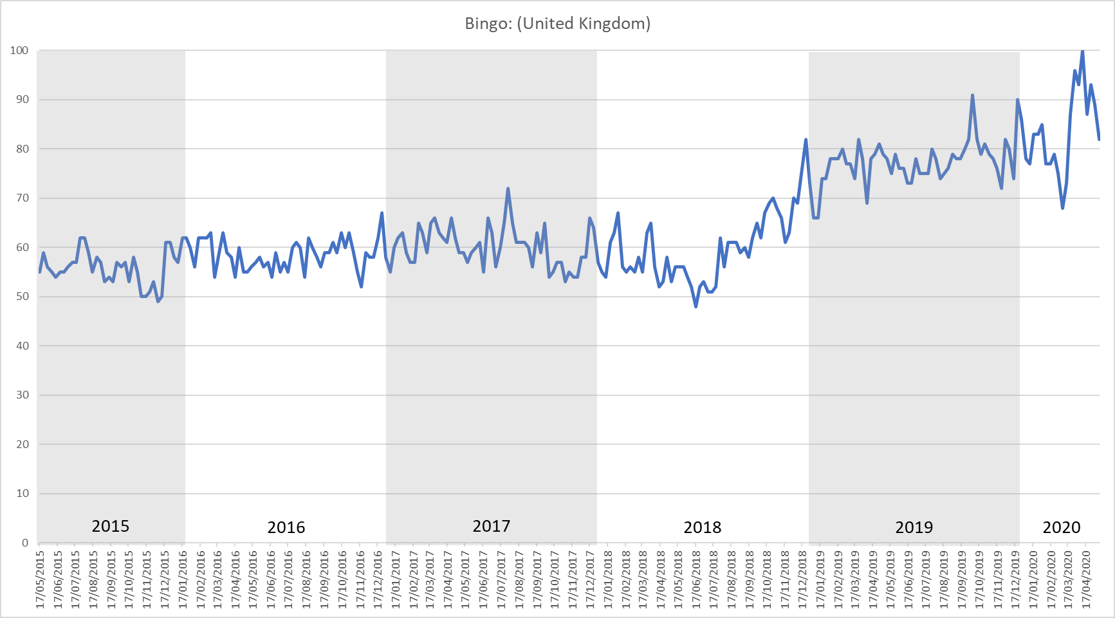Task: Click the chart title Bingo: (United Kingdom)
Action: [x=557, y=24]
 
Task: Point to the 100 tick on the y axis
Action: [x=19, y=50]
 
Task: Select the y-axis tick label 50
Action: [x=23, y=297]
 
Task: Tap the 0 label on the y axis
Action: [x=25, y=543]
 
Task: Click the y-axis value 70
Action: [x=23, y=198]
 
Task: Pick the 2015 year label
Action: [x=111, y=527]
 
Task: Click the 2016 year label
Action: [x=286, y=528]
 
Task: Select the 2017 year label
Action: [x=492, y=527]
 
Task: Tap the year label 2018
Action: [x=703, y=528]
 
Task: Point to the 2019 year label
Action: [x=914, y=528]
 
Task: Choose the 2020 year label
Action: [x=1062, y=528]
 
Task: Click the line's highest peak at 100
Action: [x=1082, y=51]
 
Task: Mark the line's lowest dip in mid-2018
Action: [x=696, y=306]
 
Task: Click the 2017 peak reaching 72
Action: [x=508, y=189]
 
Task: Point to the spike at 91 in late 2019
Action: [x=972, y=95]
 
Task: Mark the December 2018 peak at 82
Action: [x=806, y=140]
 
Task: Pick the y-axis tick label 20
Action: [x=23, y=444]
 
